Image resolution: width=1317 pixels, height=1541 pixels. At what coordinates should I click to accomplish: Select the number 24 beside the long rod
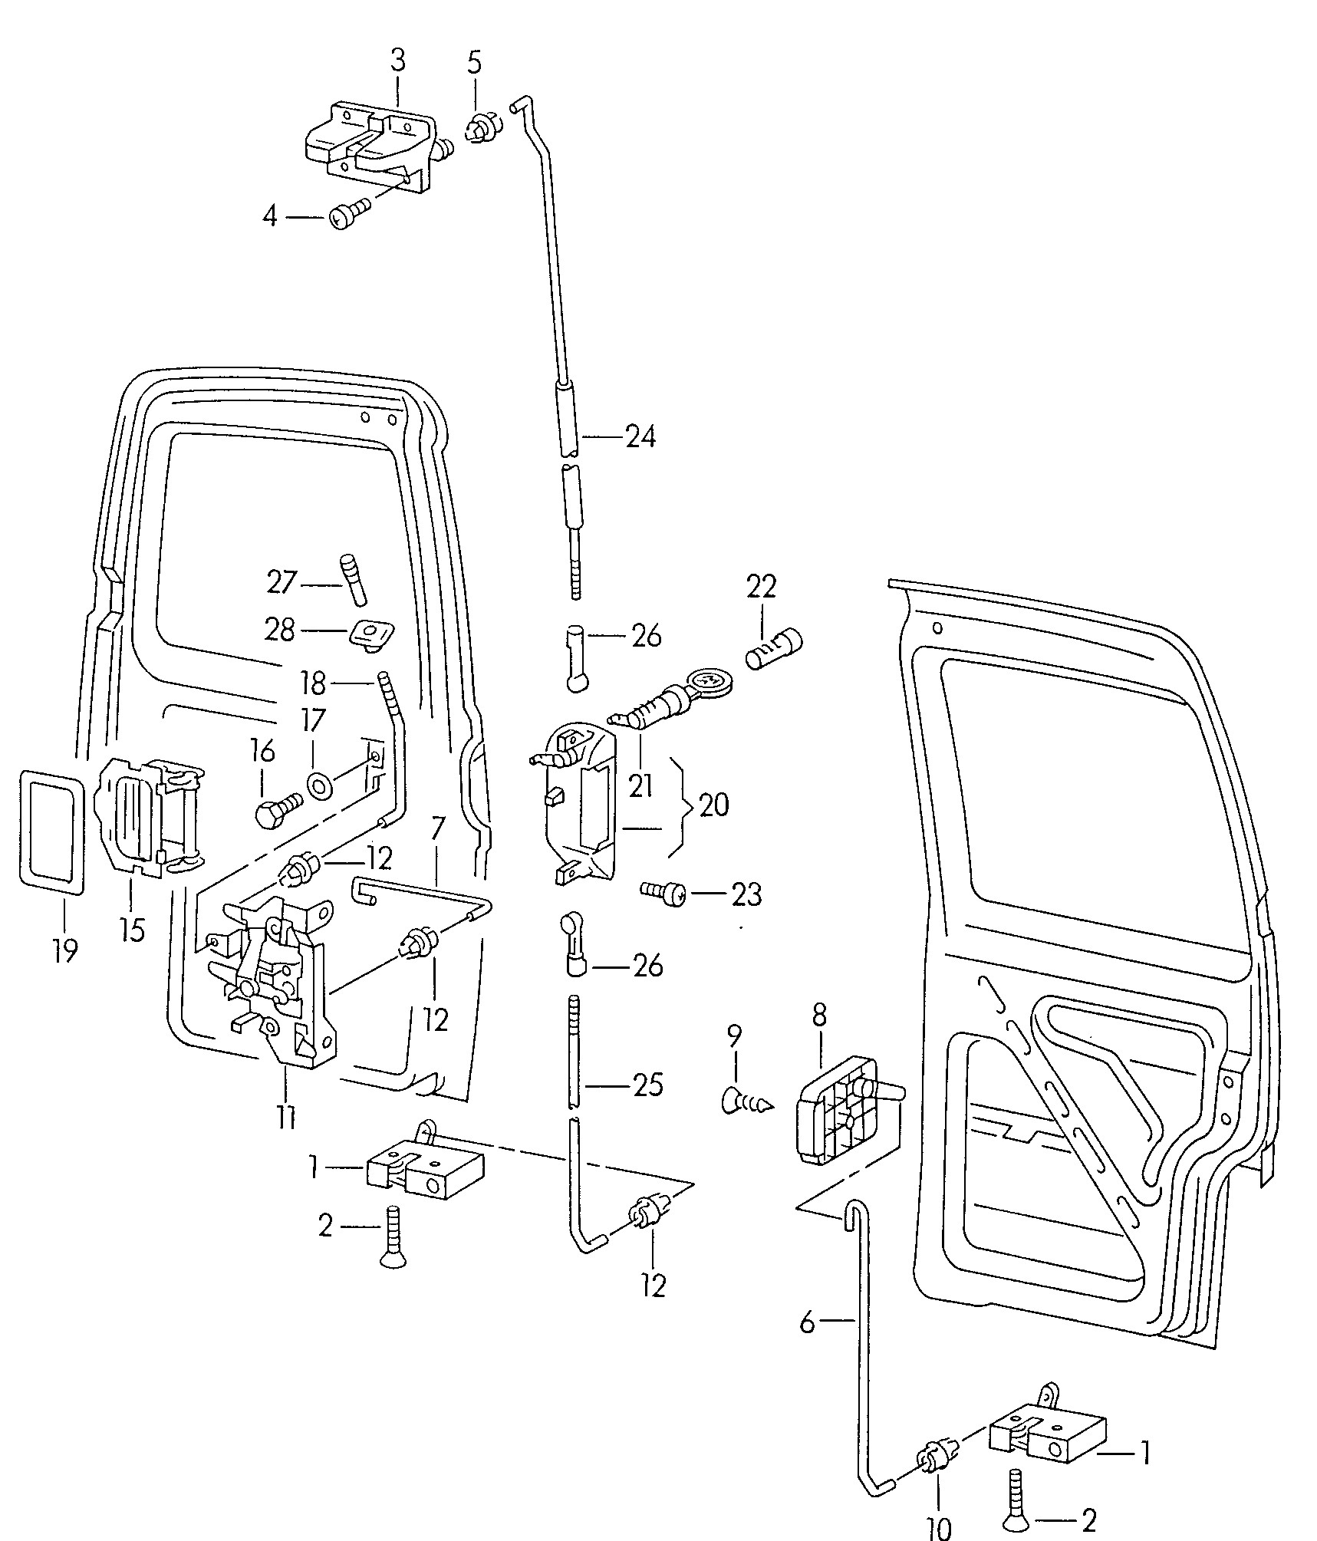click(x=640, y=438)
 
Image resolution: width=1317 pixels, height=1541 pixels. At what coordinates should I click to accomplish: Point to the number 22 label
click(x=761, y=587)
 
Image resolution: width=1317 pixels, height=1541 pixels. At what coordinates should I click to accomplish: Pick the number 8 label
click(x=819, y=1016)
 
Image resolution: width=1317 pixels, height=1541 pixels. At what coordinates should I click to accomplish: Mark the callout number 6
click(x=807, y=1322)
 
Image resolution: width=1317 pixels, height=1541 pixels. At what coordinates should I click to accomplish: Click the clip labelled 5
click(x=482, y=127)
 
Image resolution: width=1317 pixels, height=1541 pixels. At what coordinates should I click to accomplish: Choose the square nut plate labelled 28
click(x=372, y=634)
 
